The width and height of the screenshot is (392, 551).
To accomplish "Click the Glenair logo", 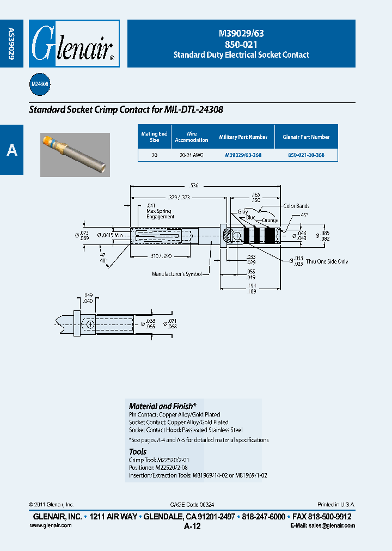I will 73,44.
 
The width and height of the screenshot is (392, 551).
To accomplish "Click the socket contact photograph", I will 75,155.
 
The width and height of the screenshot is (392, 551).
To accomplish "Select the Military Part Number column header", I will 243,137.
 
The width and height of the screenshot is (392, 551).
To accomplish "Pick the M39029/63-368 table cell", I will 243,155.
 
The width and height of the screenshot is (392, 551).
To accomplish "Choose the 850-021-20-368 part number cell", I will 306,155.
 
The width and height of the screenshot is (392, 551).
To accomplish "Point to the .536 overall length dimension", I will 206,186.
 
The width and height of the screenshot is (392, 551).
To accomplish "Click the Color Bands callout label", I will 296,206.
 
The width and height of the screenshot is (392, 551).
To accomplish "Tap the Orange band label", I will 270,221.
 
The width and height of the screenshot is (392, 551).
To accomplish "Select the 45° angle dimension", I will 304,215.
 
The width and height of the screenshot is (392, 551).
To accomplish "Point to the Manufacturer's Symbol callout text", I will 176,274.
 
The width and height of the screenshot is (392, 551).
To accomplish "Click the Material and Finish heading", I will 162,406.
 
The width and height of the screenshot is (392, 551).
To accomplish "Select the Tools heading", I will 138,452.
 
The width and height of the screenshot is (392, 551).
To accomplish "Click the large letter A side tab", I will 12,150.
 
